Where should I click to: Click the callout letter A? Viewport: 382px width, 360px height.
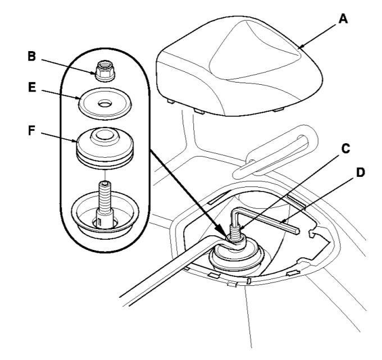coord(343,19)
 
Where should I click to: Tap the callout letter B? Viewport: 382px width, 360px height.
coord(31,56)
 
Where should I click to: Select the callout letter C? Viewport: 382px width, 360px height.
coord(345,148)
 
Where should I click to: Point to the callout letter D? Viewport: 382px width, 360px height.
coord(361,172)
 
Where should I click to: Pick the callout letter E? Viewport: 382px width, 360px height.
coord(32,88)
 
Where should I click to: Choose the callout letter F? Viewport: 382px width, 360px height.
coord(31,130)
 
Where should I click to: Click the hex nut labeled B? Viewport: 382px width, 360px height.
coord(106,71)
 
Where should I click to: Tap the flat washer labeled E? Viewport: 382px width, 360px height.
coord(105,104)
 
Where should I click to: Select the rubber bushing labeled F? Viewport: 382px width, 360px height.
coord(105,148)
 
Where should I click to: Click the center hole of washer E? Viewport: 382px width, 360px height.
coord(105,104)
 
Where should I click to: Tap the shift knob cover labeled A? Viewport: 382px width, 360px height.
coord(239,66)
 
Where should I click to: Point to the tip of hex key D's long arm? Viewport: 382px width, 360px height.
coord(298,231)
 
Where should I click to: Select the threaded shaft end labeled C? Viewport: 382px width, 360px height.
coord(235,233)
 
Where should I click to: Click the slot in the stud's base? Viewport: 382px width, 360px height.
coord(99,222)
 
